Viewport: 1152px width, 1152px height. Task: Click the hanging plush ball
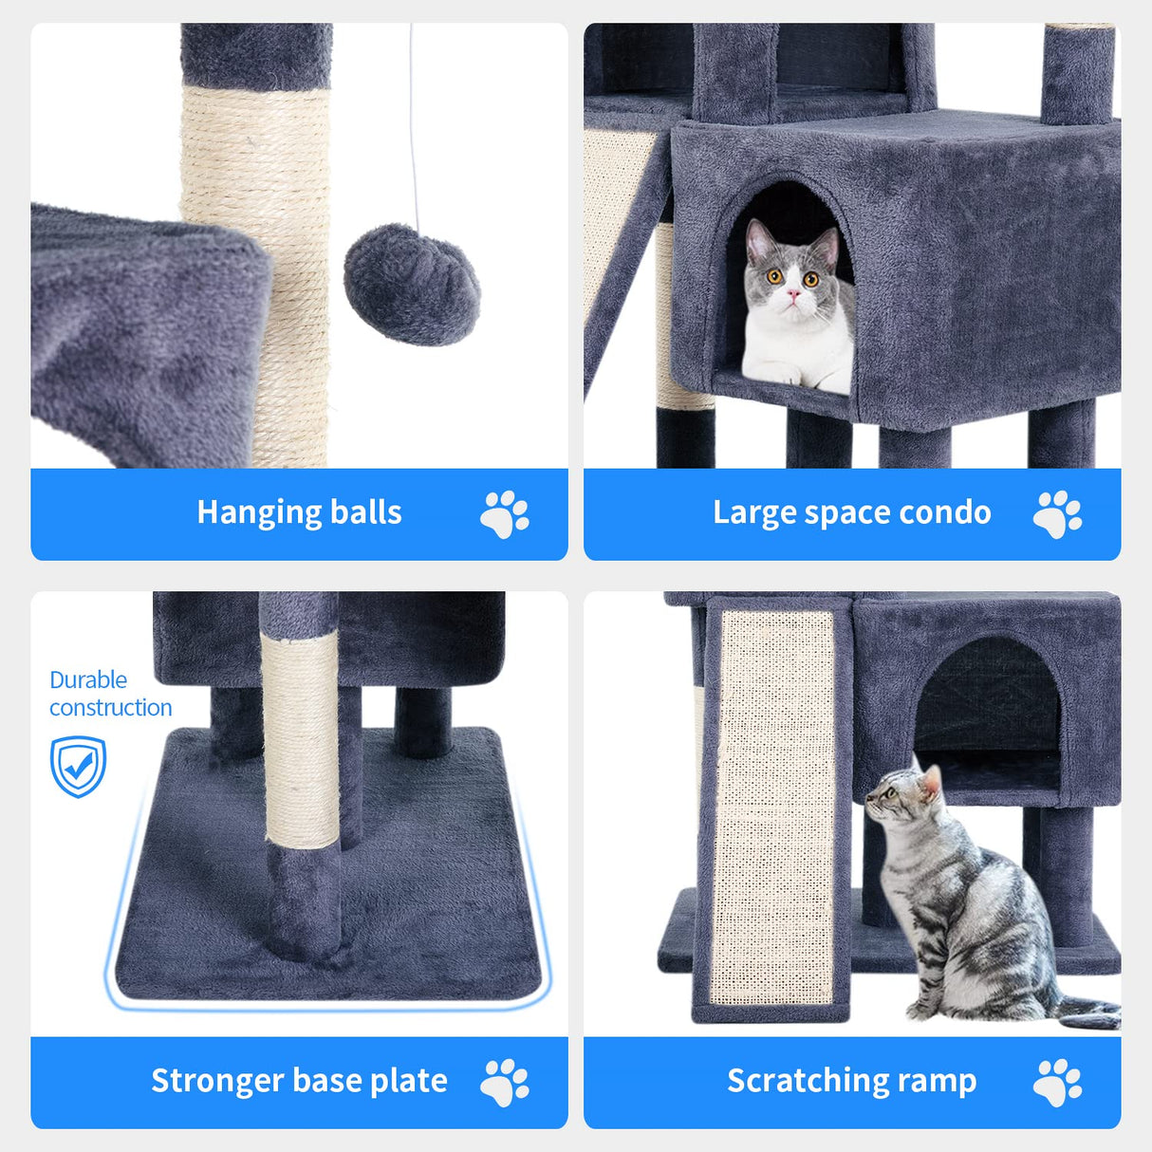(412, 284)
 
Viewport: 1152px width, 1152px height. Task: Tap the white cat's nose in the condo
(793, 296)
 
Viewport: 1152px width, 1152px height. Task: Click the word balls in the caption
(365, 512)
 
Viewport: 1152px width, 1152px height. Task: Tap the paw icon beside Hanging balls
(504, 514)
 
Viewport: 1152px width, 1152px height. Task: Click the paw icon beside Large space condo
(1057, 514)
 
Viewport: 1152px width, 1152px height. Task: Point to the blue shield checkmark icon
(78, 766)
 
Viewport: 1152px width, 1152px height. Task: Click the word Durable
(88, 679)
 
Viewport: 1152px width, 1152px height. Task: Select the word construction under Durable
(110, 708)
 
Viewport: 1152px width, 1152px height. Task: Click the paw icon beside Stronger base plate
(504, 1083)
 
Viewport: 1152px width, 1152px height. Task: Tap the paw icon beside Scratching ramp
(1057, 1083)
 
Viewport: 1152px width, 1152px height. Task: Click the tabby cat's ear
(932, 782)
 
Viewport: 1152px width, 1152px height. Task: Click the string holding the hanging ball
(413, 123)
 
